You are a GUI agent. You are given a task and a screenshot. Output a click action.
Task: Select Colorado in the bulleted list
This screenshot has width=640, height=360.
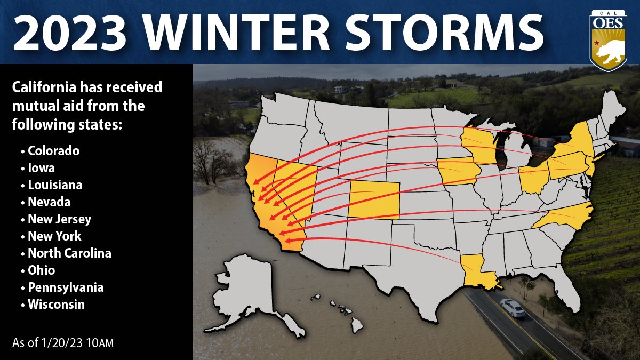pos(53,151)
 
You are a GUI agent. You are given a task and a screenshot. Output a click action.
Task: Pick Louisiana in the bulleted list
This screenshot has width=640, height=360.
pos(55,185)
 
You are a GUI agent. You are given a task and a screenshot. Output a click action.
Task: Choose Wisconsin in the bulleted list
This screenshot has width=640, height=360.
pos(56,305)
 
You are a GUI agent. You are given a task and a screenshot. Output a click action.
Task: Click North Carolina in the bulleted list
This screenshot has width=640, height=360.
pos(69,253)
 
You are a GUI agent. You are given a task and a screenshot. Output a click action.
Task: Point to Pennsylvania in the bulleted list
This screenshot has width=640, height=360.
pos(66,287)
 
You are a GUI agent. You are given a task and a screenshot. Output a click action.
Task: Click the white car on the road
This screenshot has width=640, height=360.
pos(513,308)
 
